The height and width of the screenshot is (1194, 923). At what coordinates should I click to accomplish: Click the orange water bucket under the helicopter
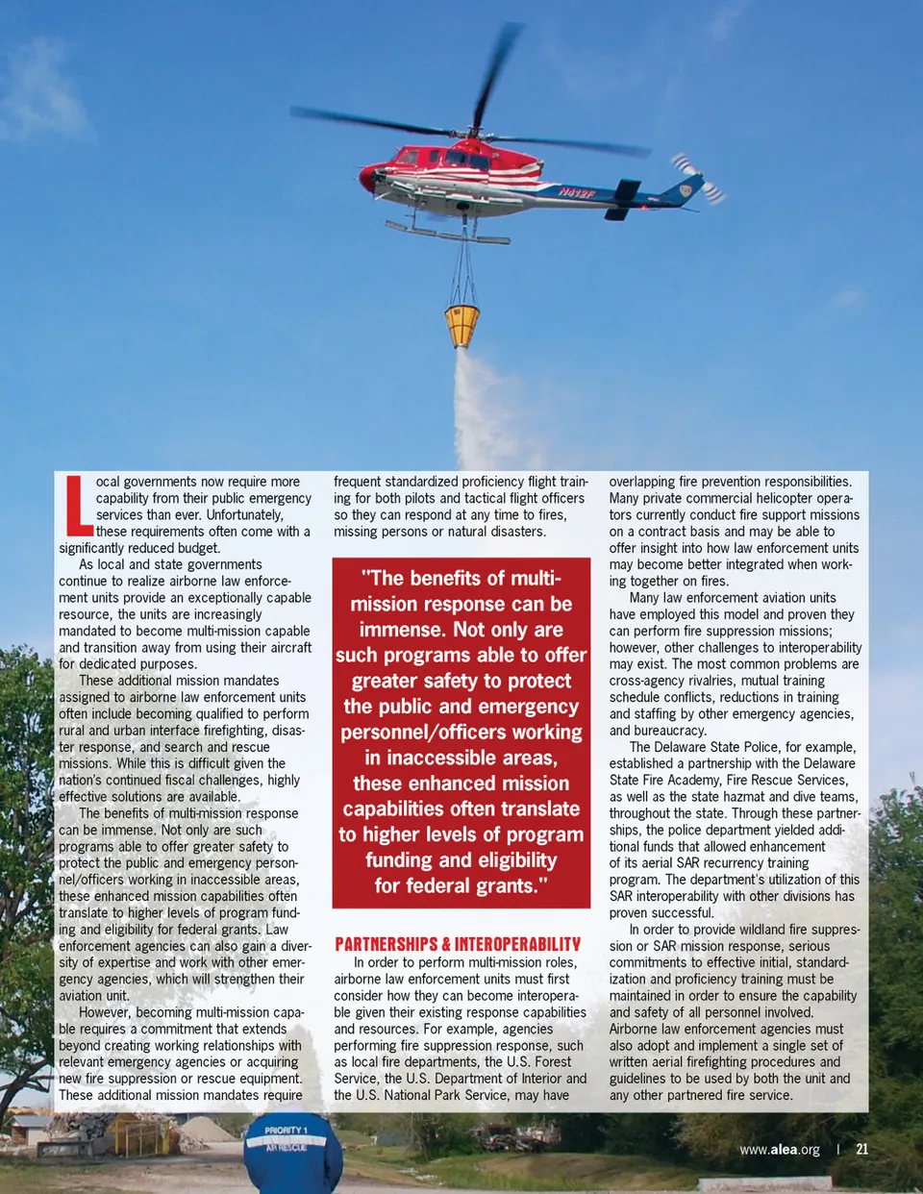click(461, 325)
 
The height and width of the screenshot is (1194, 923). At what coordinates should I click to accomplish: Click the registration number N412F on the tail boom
click(578, 194)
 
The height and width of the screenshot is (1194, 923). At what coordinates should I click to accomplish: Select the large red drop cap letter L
click(77, 506)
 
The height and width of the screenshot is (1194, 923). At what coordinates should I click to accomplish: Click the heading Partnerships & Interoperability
click(458, 944)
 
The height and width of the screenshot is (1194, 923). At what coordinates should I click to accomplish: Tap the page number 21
click(861, 1149)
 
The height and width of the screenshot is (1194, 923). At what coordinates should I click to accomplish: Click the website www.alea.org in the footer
click(779, 1150)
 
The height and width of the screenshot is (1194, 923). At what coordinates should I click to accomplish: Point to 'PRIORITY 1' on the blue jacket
click(286, 1131)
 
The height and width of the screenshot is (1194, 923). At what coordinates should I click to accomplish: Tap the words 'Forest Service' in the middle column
click(554, 1062)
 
